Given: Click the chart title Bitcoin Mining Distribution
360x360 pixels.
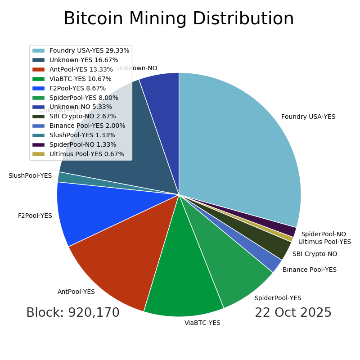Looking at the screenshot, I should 179,19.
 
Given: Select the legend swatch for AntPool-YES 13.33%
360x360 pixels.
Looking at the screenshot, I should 38,70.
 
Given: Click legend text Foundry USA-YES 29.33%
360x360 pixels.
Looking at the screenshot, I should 89,51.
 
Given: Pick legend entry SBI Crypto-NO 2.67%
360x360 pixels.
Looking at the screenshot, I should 82,117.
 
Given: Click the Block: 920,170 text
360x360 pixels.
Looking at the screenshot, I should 73,313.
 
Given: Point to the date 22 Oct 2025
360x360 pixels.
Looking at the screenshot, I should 293,313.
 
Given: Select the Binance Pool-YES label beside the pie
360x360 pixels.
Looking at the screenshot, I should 310,270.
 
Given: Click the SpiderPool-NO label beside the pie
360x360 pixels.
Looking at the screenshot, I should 324,234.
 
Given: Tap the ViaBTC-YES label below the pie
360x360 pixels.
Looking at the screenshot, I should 202,323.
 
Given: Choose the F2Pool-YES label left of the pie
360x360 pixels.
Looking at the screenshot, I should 35,216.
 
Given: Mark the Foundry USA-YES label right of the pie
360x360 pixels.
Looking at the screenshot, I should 308,117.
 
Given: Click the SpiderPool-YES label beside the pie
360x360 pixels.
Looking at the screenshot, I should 278,298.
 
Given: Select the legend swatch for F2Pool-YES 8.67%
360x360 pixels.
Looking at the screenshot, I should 38,89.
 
